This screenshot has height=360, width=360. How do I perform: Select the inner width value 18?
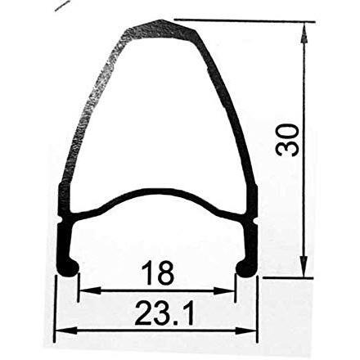156,273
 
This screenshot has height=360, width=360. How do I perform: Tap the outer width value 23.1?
155,313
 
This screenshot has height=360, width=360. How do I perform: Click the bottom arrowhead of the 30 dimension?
304,272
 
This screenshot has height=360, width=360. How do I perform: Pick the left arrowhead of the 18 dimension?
83,290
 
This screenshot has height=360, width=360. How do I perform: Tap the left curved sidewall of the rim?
86,115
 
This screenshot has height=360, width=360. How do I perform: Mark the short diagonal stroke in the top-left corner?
61,6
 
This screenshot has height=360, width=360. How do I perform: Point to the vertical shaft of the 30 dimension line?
304,205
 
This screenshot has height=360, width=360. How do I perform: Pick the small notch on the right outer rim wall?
254,221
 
